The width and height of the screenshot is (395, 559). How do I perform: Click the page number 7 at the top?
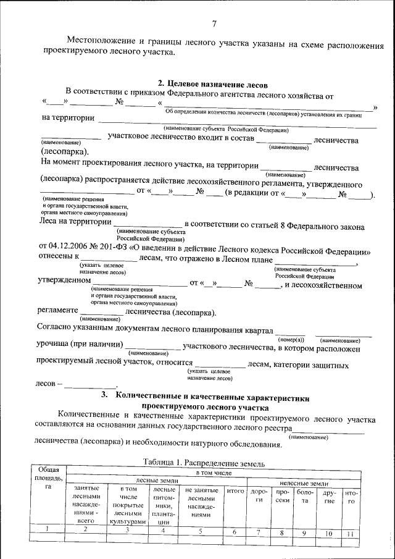214,24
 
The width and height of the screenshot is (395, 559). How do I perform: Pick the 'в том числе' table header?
213,473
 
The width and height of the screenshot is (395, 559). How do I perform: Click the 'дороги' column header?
260,496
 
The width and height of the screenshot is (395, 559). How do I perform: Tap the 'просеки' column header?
283,496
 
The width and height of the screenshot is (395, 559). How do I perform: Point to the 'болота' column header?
304,496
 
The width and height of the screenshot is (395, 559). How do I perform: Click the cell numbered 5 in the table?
201,530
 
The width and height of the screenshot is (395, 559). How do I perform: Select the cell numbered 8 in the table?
281,531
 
